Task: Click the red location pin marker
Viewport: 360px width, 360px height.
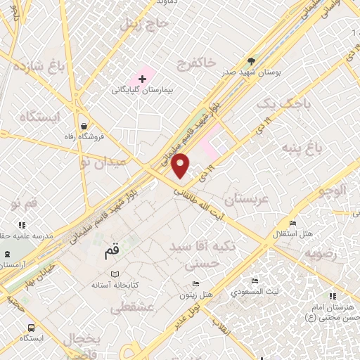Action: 181,165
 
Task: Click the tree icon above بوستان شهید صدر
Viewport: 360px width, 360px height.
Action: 252,61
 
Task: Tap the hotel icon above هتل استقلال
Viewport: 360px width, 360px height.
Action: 292,224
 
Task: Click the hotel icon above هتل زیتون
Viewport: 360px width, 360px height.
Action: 195,283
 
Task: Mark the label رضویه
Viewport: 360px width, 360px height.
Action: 327,252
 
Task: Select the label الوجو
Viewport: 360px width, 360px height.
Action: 332,191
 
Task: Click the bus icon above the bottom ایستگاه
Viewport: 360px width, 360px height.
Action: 30,327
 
